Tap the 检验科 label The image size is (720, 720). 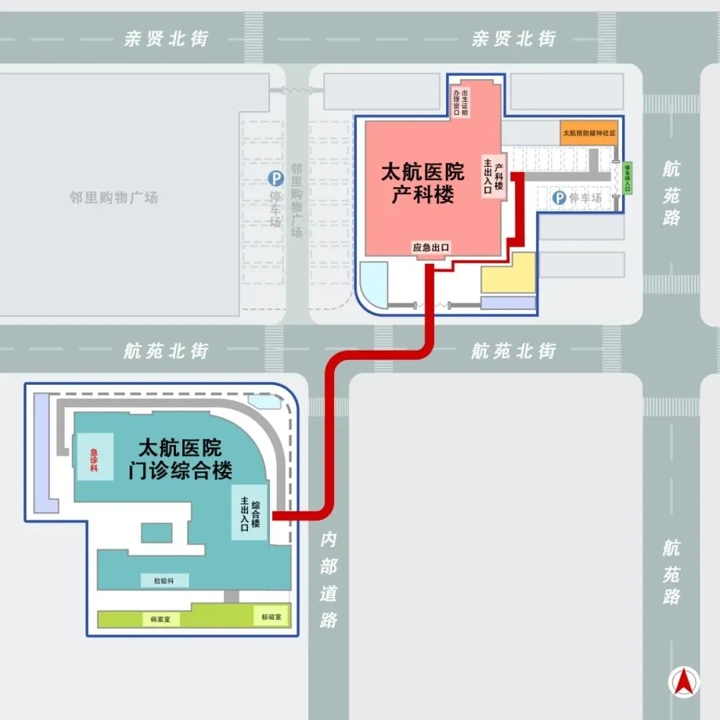coord(165,581)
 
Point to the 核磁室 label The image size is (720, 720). coord(271,617)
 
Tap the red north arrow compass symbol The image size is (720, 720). coord(685,683)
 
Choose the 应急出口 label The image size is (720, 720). coord(431,247)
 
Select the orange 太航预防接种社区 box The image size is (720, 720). coord(589,133)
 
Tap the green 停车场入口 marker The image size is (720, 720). coord(627,178)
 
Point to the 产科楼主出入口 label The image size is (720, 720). coord(493,175)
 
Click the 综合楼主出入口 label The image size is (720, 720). coord(250,512)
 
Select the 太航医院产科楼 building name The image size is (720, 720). coord(423,184)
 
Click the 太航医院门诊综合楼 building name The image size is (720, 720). coord(180,459)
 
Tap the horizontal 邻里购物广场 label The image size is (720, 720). coord(114,197)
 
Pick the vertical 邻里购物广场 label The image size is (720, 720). coord(297,201)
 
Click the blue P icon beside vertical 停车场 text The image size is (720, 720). coord(275,178)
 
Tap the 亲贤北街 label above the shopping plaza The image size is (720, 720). coord(166,39)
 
